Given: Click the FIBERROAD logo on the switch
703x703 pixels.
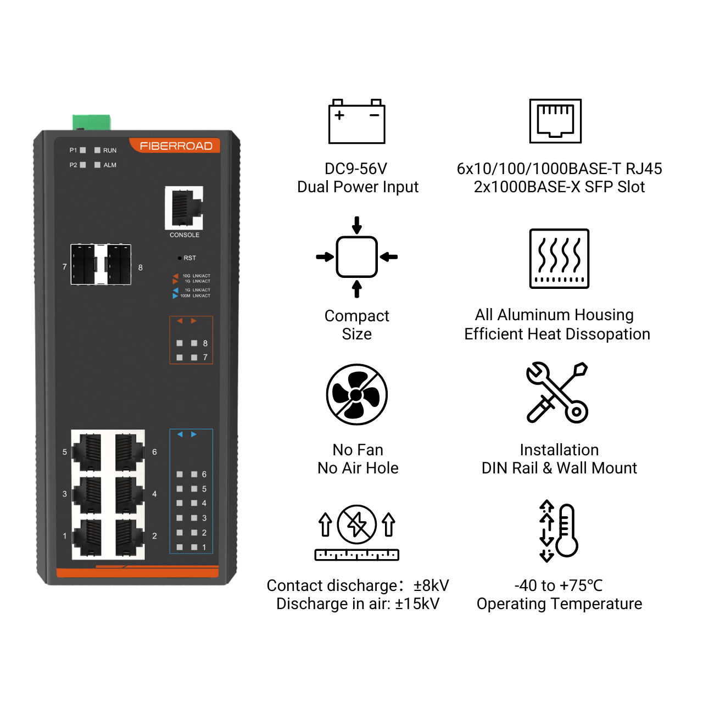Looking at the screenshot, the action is coord(176,146).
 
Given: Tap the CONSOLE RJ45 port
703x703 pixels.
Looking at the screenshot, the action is coord(184,208).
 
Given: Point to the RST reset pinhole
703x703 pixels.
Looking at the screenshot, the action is coord(180,258).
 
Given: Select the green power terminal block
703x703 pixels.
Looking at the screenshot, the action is coord(92,122).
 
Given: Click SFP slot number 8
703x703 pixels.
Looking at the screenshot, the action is coord(119,265).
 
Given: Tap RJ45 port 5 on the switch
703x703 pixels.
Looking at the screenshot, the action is coord(87,452).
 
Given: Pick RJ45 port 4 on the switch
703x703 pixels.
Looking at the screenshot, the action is coord(129,495).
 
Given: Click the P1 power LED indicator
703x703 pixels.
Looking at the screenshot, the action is coord(83,150).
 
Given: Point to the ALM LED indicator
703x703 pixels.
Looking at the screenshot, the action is coord(97,165).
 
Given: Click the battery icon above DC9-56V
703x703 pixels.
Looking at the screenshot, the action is coord(357,121).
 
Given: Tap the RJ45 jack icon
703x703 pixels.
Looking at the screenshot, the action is coord(555,121).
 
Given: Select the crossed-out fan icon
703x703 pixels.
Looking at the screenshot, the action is coord(357,394).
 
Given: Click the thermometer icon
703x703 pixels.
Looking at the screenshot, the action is coord(559,531).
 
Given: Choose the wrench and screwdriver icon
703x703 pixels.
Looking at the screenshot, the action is coord(557,392).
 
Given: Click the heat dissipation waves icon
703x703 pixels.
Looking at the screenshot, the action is coord(559,259).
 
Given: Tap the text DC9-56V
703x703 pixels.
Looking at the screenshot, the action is coord(356,169).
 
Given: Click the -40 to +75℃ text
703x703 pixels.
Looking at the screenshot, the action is coord(559,585).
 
